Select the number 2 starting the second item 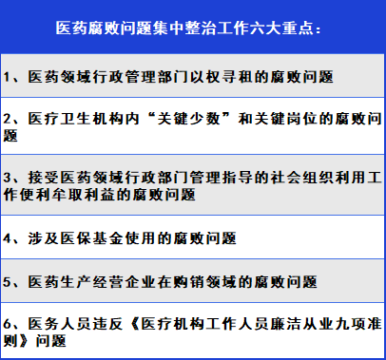pyautogui.click(x=10, y=120)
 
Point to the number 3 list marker pyautogui.click(x=10, y=178)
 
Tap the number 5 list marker pyautogui.click(x=10, y=283)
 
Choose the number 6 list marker pyautogui.click(x=10, y=322)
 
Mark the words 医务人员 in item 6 pyautogui.click(x=61, y=322)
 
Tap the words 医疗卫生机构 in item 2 pyautogui.click(x=76, y=120)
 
